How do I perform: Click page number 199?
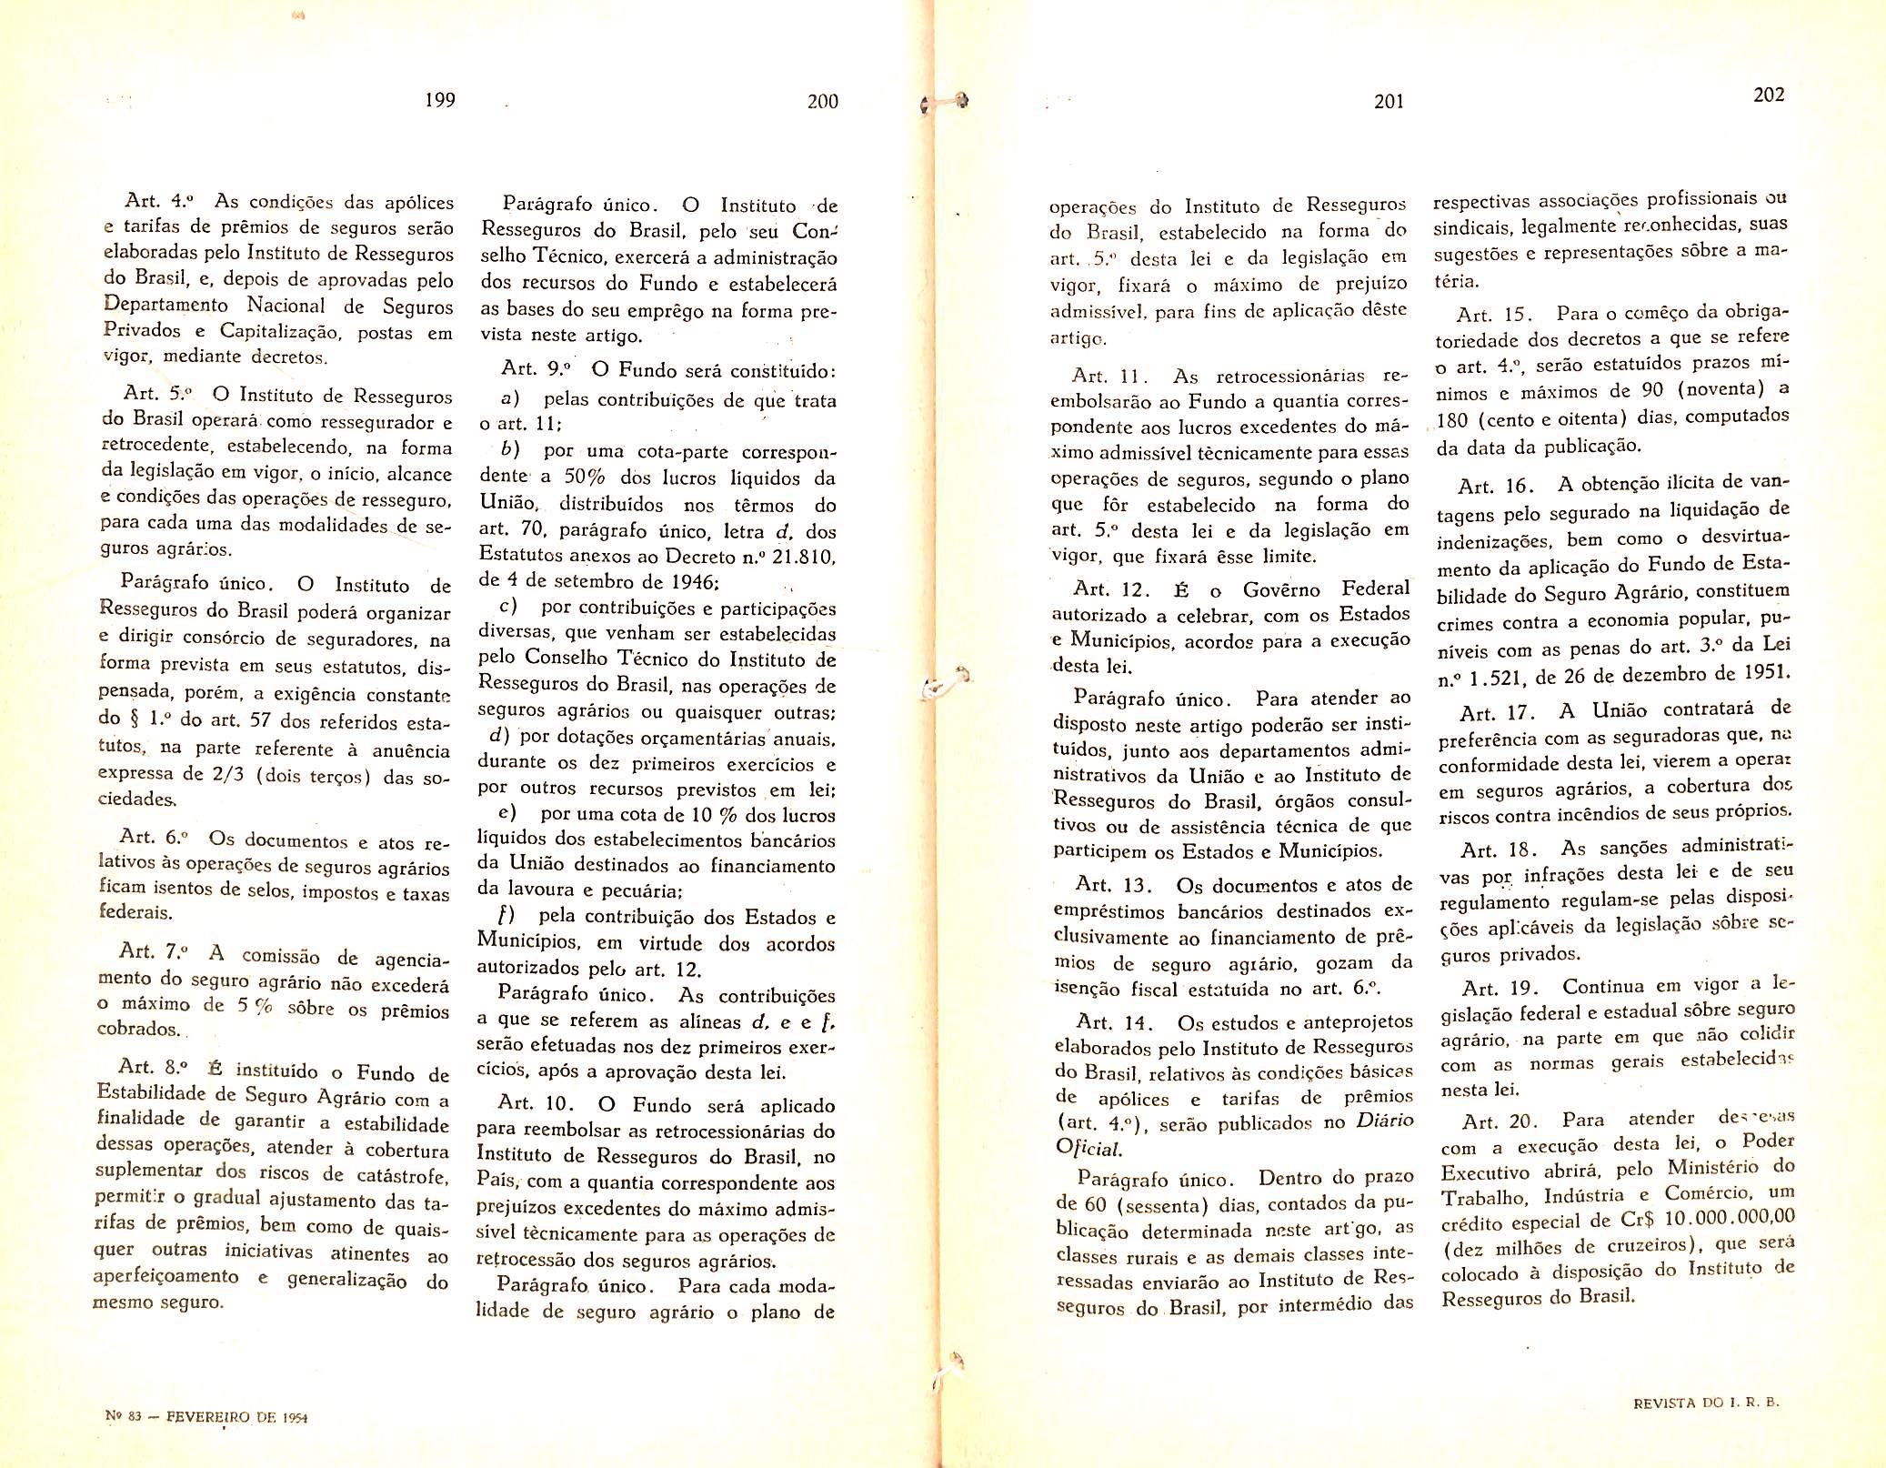(x=440, y=100)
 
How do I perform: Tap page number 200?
(x=822, y=102)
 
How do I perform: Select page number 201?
(x=1389, y=102)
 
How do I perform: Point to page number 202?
(x=1769, y=95)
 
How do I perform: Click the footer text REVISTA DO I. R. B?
(x=1706, y=1427)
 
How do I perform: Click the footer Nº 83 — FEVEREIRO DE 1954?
(x=206, y=1442)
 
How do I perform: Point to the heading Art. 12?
(x=1111, y=589)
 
